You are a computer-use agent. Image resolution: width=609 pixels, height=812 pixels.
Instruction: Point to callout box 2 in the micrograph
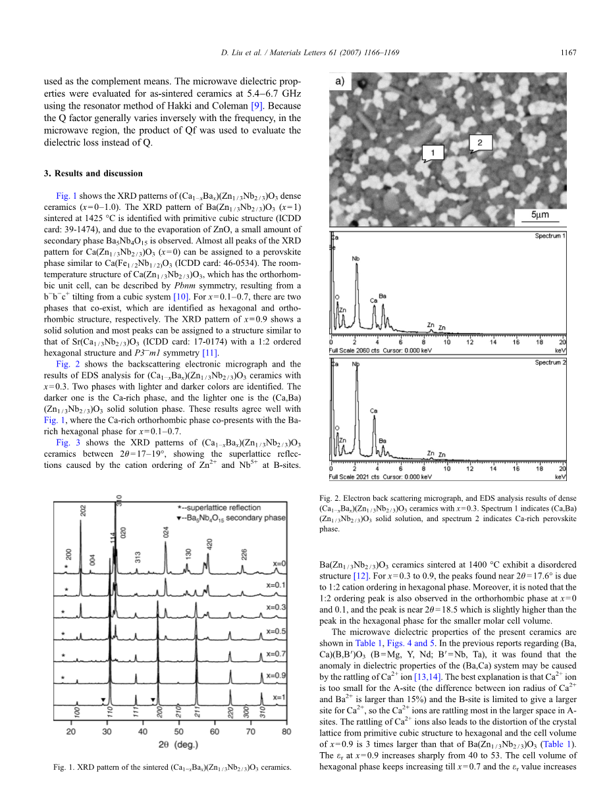coord(480,141)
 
